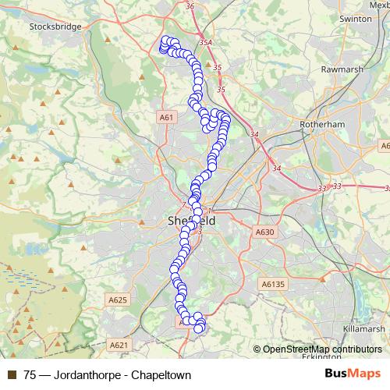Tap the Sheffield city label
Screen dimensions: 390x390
pos(191,221)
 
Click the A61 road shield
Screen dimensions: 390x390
pos(165,117)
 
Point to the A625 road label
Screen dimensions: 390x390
pos(118,300)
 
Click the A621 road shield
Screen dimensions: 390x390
pos(119,344)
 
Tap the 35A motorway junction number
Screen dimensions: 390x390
pos(206,43)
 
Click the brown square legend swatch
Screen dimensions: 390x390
pos(12,374)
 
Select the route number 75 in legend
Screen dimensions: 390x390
pos(30,374)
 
